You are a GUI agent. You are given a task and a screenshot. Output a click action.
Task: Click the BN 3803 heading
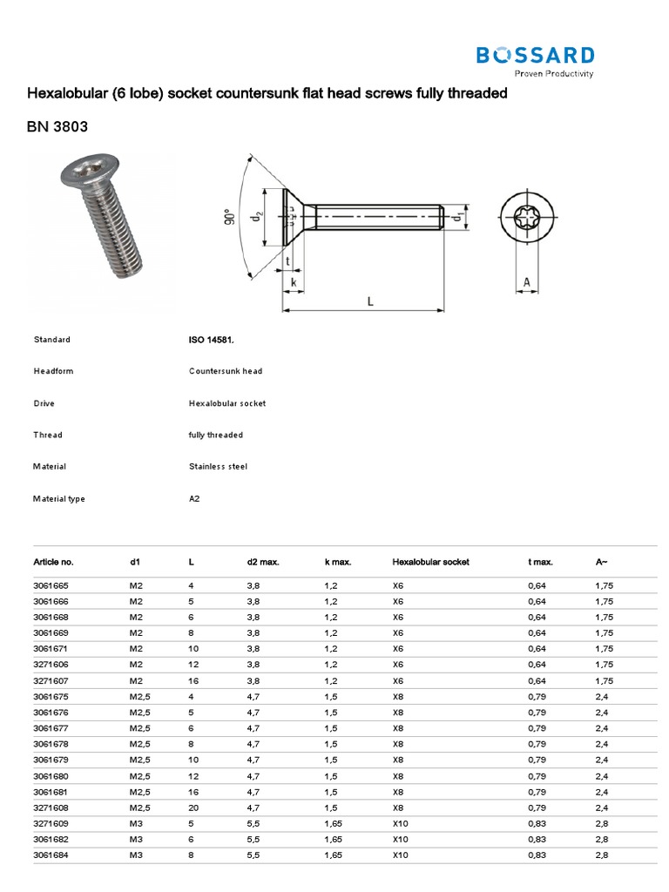(57, 128)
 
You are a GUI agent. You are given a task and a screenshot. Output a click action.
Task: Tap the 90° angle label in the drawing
(229, 216)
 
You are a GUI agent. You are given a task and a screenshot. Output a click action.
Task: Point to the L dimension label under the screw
(369, 301)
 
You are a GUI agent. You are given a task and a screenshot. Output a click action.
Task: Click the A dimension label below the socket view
(526, 282)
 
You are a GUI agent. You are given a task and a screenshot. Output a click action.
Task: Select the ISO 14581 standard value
(211, 340)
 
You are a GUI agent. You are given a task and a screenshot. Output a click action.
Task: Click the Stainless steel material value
(218, 467)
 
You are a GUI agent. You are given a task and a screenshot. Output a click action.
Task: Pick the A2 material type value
(194, 499)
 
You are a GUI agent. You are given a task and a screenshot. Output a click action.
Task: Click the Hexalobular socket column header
(430, 563)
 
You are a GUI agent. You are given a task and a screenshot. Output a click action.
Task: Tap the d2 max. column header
(263, 563)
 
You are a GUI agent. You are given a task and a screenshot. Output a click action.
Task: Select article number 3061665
(52, 586)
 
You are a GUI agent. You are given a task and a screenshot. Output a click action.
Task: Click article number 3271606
(52, 665)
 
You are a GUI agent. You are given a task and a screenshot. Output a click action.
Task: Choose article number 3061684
(52, 855)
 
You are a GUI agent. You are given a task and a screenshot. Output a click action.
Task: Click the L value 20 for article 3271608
(193, 808)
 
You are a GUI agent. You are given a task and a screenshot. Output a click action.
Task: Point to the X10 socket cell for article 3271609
(401, 823)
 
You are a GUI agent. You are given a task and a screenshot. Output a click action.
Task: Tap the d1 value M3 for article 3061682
(137, 839)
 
